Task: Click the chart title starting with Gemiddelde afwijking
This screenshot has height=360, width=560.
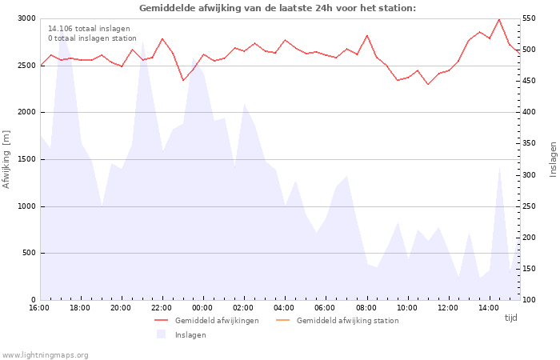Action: [x=278, y=8]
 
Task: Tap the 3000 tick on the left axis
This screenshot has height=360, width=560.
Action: [x=26, y=18]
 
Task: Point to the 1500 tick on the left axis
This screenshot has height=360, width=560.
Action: [x=26, y=159]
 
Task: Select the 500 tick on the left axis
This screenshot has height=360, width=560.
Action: [x=28, y=254]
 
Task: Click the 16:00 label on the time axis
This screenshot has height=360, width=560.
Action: [x=39, y=308]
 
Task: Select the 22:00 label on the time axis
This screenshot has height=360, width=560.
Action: [x=162, y=308]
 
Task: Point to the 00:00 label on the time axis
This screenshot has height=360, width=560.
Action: [x=202, y=308]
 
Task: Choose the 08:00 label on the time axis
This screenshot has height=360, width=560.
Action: [x=366, y=308]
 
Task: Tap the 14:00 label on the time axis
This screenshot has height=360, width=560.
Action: [x=488, y=308]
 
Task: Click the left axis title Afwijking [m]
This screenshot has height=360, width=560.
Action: [x=7, y=159]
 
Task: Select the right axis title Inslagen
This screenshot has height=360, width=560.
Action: [x=553, y=159]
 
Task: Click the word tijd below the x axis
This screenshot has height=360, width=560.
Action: [x=511, y=318]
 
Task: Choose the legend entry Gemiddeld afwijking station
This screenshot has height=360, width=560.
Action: [x=347, y=321]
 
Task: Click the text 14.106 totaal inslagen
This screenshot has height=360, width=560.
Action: [x=89, y=29]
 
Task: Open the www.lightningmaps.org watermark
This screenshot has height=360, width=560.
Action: [x=46, y=355]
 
